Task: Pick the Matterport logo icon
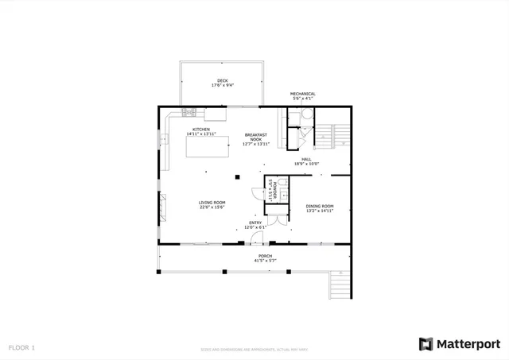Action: [426, 343]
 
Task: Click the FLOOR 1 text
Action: [22, 347]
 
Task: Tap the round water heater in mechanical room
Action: [293, 118]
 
